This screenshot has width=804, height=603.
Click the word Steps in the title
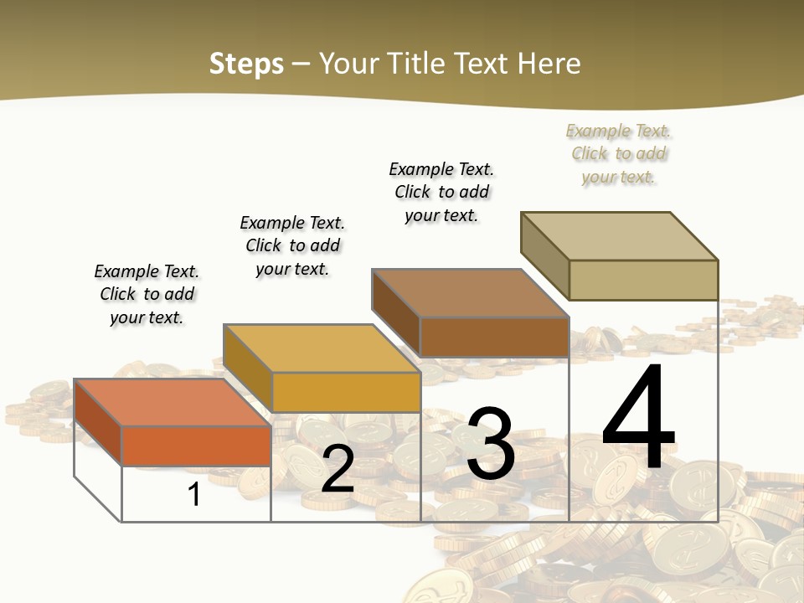point(246,64)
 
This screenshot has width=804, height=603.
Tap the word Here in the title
point(549,64)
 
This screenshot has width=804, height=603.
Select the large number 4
point(638,419)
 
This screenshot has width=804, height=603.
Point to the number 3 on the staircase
point(490,444)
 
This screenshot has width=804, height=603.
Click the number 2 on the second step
point(338,470)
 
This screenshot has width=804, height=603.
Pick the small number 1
point(194,494)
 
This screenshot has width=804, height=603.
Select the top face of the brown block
point(470,293)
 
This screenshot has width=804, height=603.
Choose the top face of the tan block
point(619,236)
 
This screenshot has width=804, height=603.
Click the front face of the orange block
point(196,446)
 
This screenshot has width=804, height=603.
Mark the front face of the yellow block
point(345,392)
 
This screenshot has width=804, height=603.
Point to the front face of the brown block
point(494,337)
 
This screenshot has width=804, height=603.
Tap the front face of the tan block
point(643,280)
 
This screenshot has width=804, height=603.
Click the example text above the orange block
point(147,294)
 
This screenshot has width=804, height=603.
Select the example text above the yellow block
point(292,245)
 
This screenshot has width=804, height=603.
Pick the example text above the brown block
point(441,192)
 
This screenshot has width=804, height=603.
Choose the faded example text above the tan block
point(618,153)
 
